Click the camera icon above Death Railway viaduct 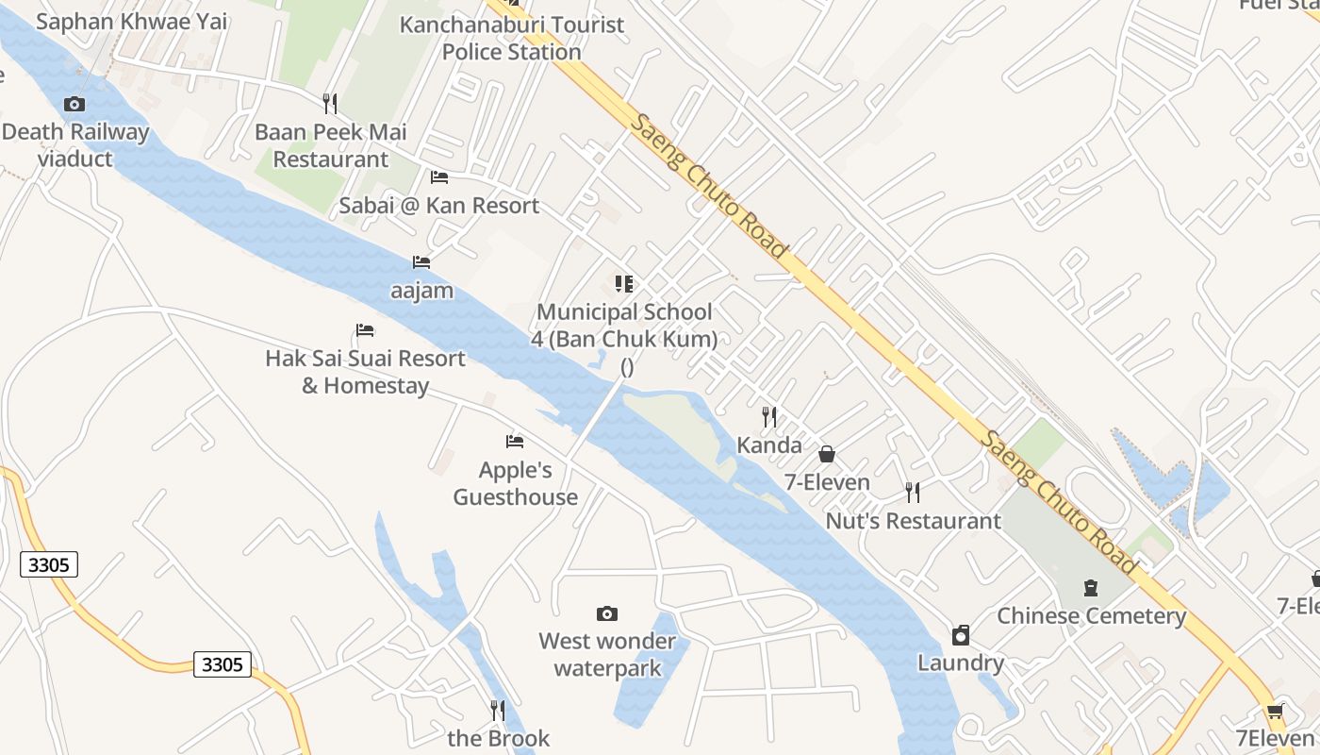(74, 104)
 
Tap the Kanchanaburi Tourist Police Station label (512, 38)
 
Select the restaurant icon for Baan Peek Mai (329, 104)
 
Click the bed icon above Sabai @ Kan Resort (438, 177)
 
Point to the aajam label (421, 290)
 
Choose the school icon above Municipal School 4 (623, 284)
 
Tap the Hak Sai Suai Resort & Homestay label (365, 372)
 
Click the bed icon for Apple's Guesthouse (514, 442)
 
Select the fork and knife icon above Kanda (769, 416)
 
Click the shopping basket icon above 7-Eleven (827, 455)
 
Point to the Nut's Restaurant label (913, 521)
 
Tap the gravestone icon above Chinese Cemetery (1091, 588)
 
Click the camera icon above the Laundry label (961, 635)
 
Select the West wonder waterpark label (607, 655)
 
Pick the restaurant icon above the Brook (498, 710)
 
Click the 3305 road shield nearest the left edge (49, 565)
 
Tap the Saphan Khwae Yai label (132, 21)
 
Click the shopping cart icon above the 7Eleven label (1276, 711)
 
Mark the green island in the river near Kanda (679, 425)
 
